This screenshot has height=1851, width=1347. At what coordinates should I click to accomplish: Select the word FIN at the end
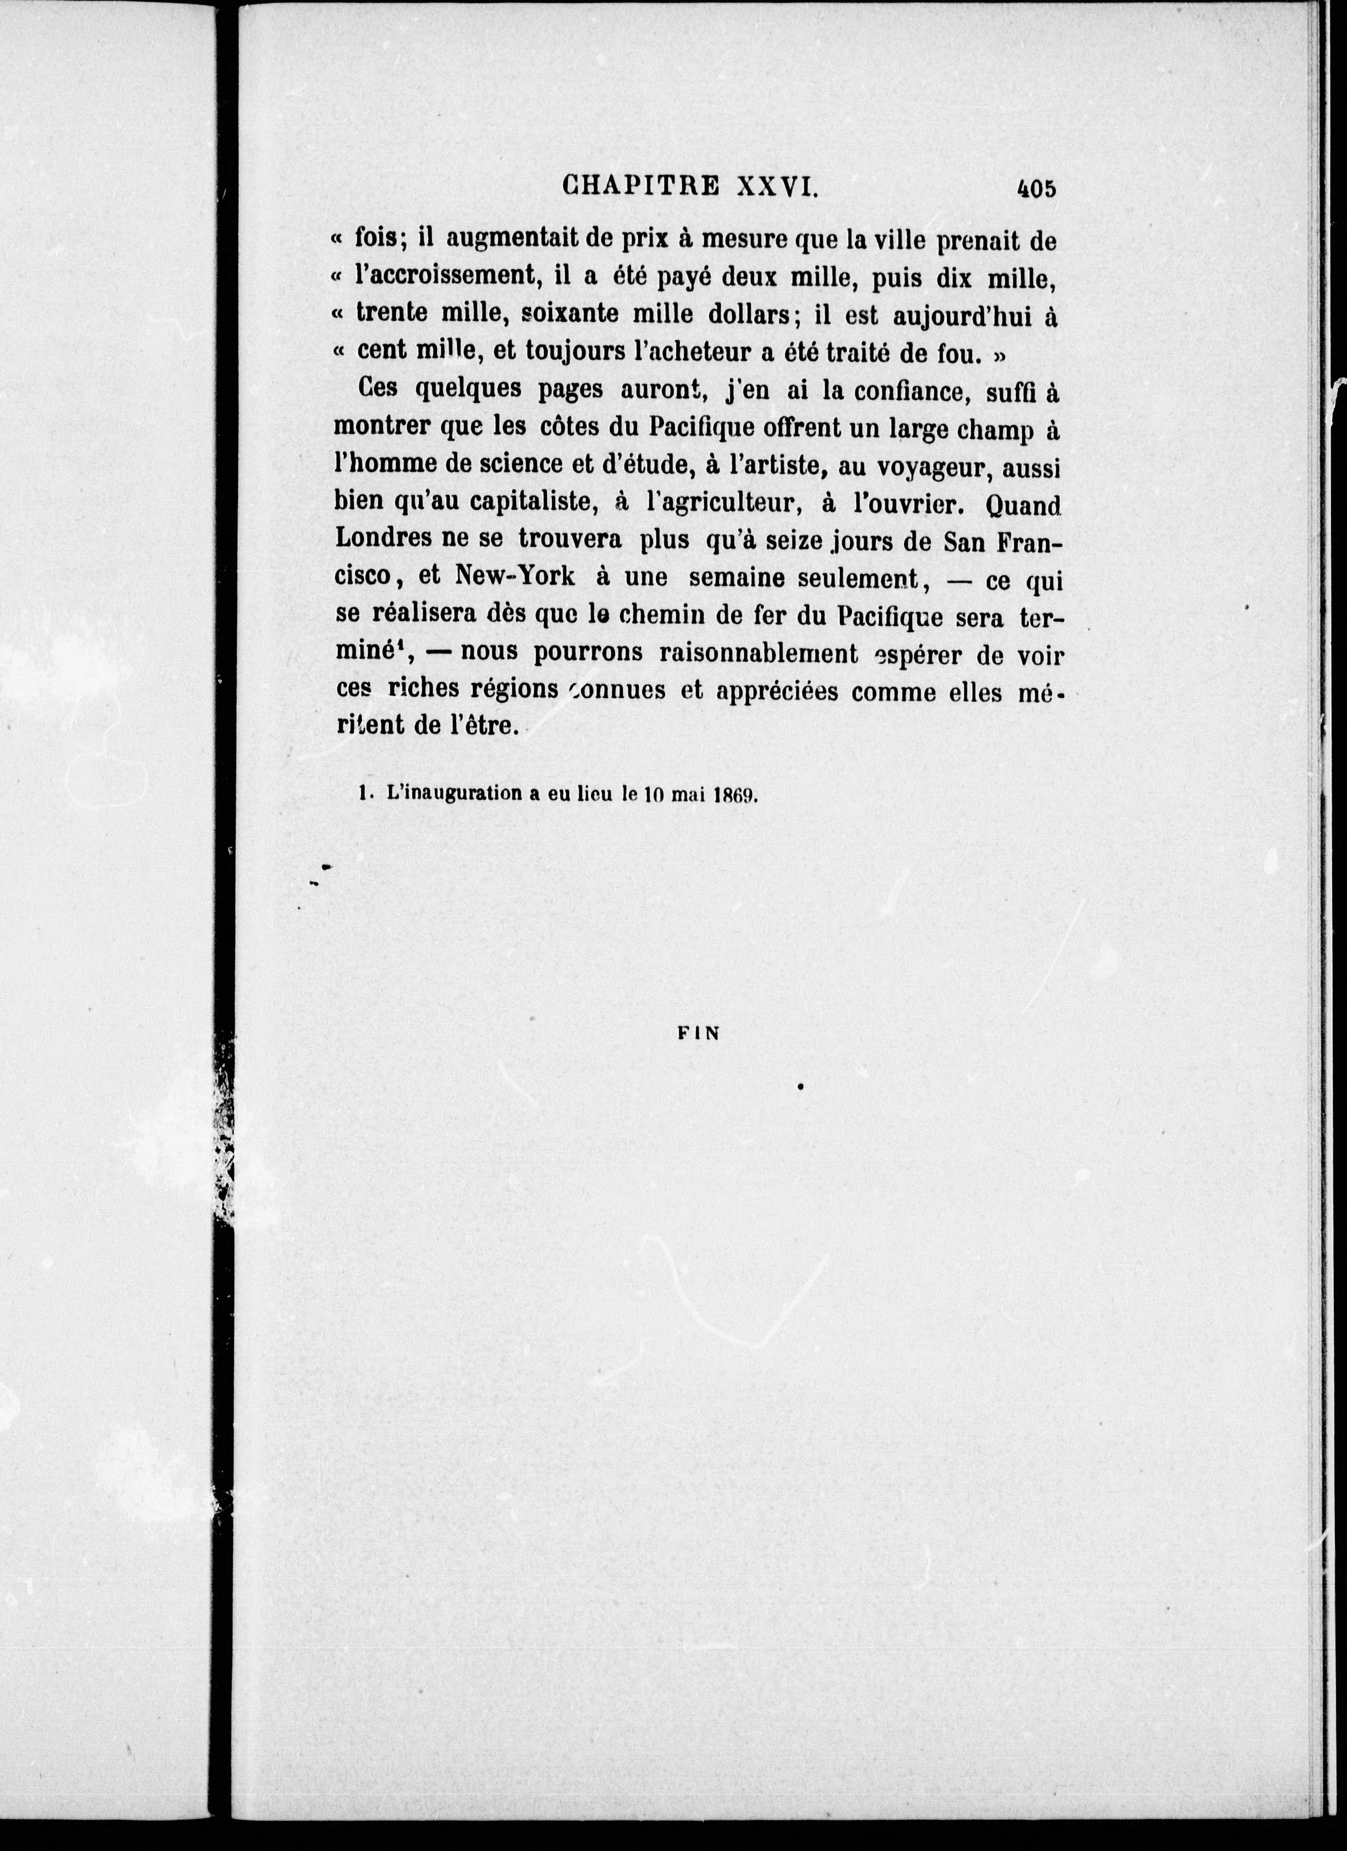[699, 1033]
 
